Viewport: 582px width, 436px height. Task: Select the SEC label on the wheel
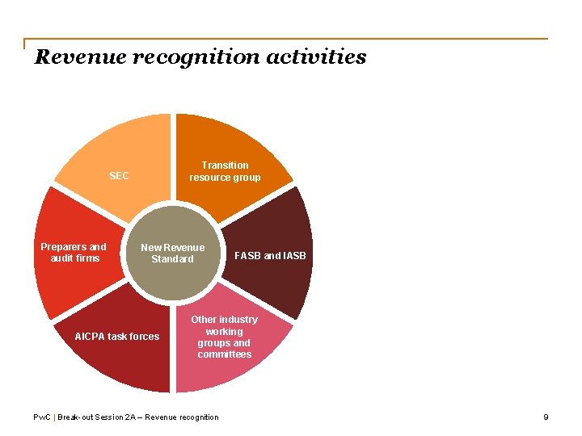tap(119, 176)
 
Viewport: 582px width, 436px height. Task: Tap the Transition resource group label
tap(225, 171)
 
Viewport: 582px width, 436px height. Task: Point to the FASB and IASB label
tap(270, 256)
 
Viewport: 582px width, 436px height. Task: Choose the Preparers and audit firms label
tap(74, 252)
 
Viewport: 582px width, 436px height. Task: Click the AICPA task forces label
tap(117, 337)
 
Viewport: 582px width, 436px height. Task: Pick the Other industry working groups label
tap(224, 337)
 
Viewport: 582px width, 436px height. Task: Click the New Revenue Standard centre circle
tap(173, 253)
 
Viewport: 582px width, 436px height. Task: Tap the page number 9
tap(546, 417)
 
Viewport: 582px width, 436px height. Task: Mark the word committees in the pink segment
tap(224, 354)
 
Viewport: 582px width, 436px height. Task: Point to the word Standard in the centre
tap(173, 259)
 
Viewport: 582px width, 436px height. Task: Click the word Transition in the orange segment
tap(225, 166)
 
